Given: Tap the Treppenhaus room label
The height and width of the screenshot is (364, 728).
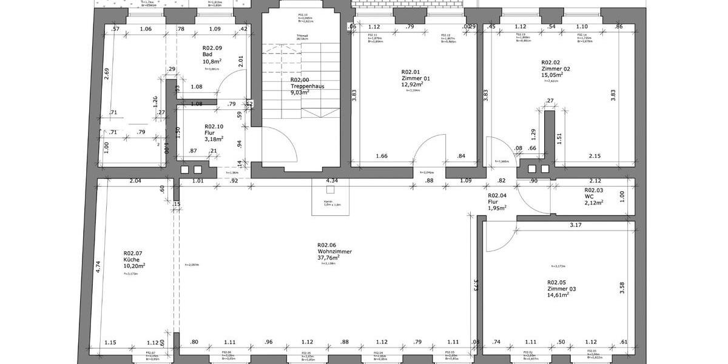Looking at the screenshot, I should (x=307, y=86).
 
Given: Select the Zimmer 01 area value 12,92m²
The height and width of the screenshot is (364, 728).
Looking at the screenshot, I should (x=412, y=85).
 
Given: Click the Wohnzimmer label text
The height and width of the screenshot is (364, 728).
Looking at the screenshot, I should (x=334, y=251).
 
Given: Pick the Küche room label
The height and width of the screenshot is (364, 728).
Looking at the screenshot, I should (x=132, y=260).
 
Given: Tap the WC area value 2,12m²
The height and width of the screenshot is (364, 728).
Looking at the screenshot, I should (x=593, y=203).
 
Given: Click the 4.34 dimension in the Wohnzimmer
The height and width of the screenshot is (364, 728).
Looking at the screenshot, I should (x=332, y=181).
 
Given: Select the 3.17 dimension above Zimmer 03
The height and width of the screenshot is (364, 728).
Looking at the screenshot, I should (x=576, y=226).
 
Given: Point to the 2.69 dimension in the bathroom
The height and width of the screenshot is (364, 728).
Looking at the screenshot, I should (x=107, y=75).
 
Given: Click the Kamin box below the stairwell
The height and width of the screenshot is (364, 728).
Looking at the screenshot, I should (x=328, y=197).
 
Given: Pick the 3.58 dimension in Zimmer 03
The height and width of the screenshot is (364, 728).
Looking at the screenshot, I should (x=622, y=288).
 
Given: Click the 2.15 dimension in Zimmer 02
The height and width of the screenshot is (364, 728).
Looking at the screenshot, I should (x=595, y=157).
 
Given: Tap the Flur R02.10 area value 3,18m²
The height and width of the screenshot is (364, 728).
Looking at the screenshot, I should (x=214, y=138).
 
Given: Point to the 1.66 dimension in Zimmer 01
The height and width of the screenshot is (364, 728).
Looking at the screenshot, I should (x=382, y=157).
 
